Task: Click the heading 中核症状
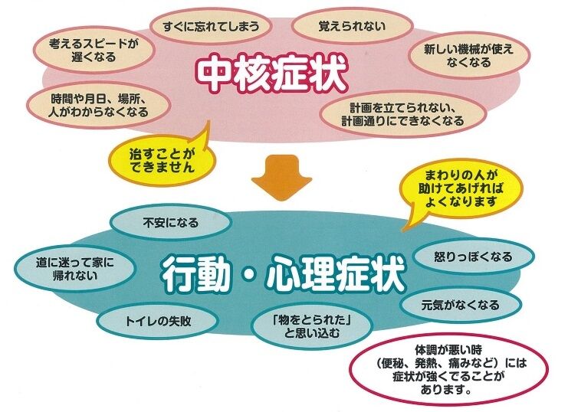coord(272,73)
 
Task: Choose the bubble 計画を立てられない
coord(413,114)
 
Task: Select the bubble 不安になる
coord(170,224)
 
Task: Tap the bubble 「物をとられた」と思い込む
coord(311,327)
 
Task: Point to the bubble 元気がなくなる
coord(460,305)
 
